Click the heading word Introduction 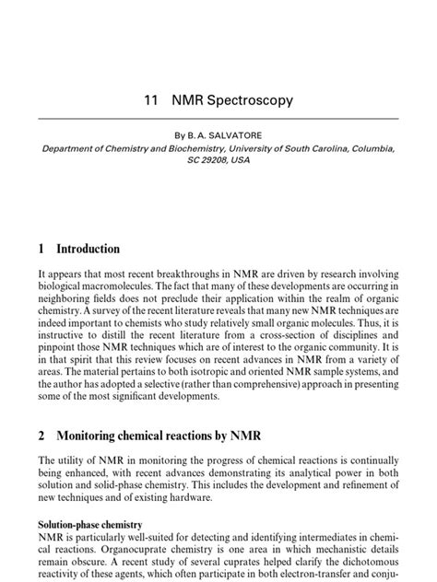[x=89, y=249]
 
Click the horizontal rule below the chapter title [x=218, y=118]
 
